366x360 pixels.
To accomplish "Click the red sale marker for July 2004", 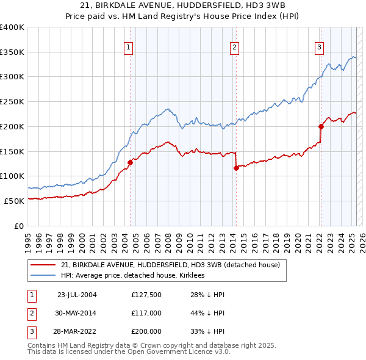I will (x=130, y=162).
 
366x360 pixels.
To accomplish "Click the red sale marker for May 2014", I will (x=235, y=168).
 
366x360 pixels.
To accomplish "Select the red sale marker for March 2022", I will (x=321, y=126).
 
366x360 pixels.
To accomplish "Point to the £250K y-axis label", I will (x=12, y=101).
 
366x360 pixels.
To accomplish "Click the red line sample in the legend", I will (x=43, y=265).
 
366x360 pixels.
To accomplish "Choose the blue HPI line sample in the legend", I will (x=43, y=275).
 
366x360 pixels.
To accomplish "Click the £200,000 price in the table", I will (x=146, y=331).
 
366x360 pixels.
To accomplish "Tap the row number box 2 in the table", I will (x=31, y=314).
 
